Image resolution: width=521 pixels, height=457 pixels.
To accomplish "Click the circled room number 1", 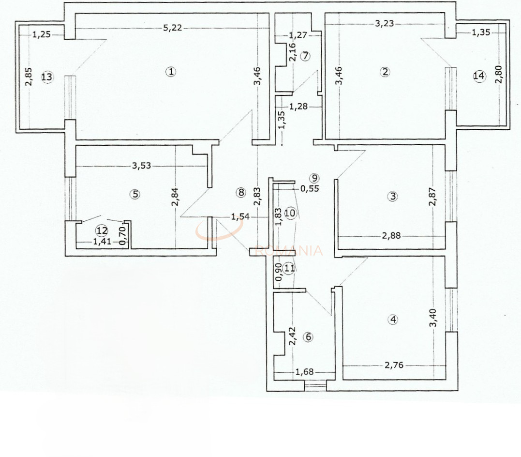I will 171,72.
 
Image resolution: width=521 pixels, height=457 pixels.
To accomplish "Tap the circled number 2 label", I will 385,72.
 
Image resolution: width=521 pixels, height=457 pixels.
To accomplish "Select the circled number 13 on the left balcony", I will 46,77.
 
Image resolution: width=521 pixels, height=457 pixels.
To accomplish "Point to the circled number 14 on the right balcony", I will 479,76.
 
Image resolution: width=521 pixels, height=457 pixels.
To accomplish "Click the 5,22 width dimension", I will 172,28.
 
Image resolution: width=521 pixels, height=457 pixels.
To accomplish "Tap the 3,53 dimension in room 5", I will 142,165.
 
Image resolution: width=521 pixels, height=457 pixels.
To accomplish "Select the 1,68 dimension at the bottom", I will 304,372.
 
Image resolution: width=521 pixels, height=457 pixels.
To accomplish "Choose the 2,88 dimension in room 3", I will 391,236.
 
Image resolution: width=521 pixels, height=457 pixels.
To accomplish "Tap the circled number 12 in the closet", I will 101,230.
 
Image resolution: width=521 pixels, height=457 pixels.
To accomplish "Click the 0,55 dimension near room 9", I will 310,189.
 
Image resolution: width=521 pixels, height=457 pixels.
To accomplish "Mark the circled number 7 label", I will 305,56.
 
